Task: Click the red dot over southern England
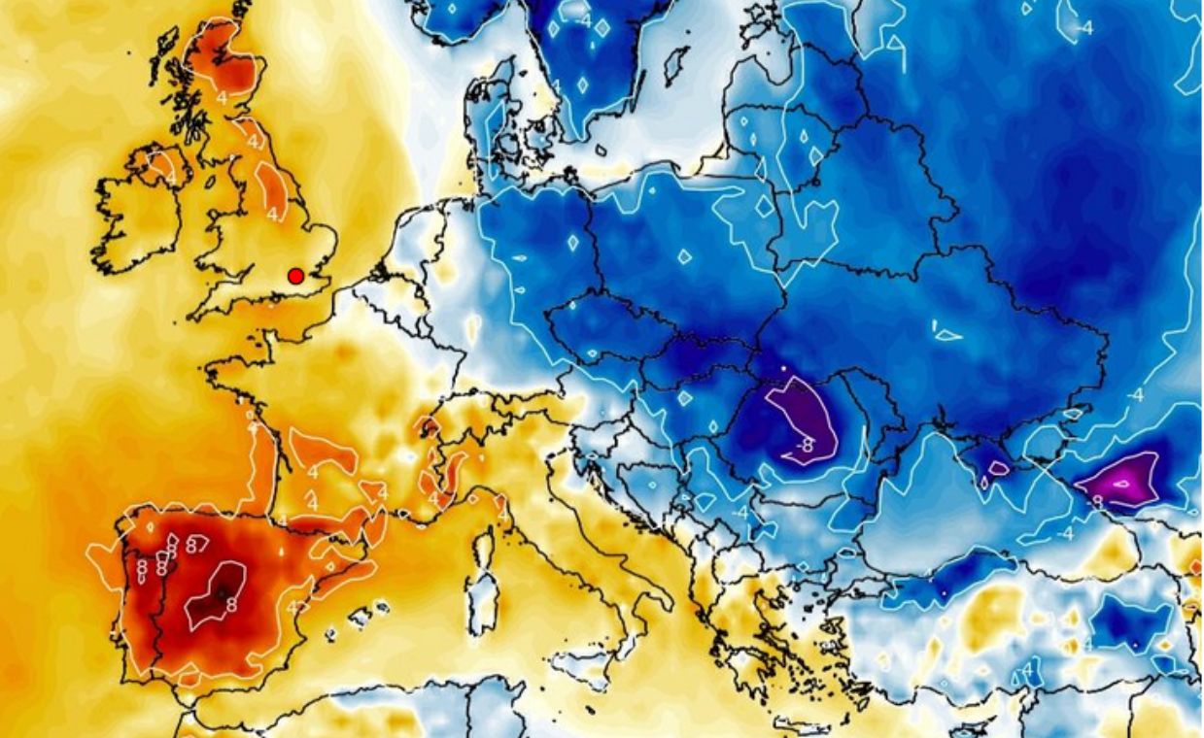click(x=295, y=276)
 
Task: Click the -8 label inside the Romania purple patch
click(x=804, y=445)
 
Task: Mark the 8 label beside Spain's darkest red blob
click(x=231, y=604)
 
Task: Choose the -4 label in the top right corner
click(x=1084, y=28)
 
